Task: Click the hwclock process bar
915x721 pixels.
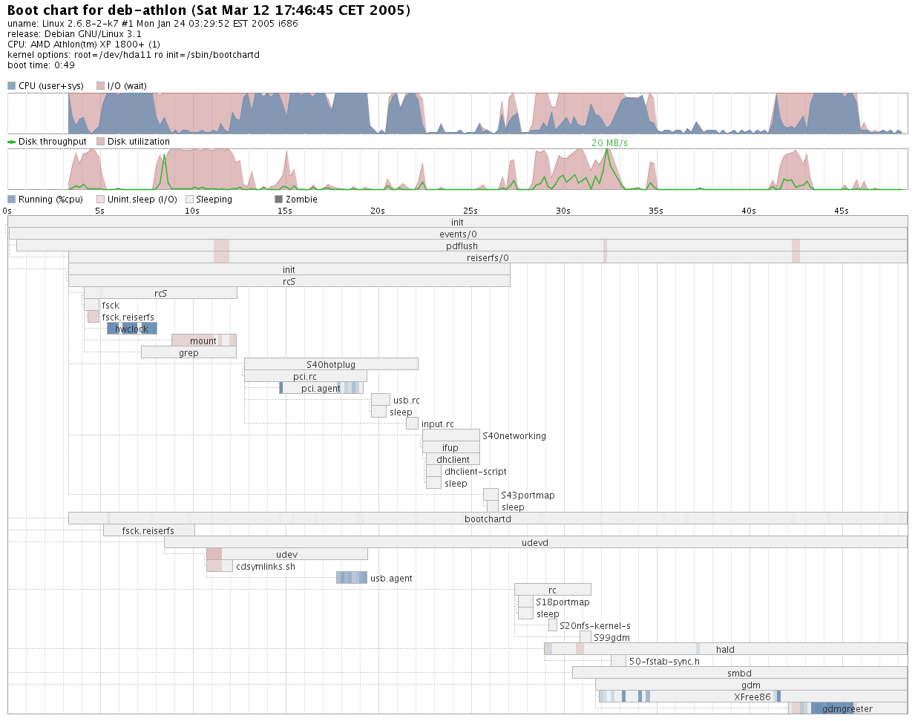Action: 132,329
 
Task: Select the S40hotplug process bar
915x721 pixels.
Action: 331,364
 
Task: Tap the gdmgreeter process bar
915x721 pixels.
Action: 847,708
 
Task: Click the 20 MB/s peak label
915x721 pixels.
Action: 609,143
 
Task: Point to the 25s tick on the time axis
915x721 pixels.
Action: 470,211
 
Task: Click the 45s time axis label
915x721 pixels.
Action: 842,211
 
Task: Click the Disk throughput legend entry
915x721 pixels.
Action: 47,142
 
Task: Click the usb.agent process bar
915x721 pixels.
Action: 352,578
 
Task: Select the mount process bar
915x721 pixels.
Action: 203,340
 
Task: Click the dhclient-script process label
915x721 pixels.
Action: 476,472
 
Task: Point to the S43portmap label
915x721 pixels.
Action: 528,496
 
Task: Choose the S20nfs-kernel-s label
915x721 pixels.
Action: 595,626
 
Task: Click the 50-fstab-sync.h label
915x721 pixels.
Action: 664,662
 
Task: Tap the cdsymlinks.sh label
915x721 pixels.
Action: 266,567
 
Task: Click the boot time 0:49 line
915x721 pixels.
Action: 42,65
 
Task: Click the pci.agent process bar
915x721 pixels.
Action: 321,388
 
